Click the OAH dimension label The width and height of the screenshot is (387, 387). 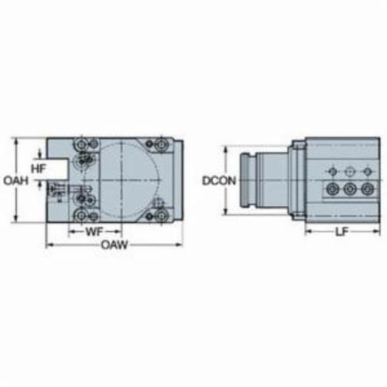tap(15, 180)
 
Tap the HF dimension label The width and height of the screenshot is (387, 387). tap(39, 169)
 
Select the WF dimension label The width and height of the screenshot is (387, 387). tap(94, 232)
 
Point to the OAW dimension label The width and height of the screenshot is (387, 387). tap(115, 245)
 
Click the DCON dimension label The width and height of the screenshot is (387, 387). tap(219, 180)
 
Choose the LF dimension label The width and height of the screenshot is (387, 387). tap(341, 232)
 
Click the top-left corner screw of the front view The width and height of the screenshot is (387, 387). tap(80, 145)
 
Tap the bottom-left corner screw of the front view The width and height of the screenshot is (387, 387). tap(81, 215)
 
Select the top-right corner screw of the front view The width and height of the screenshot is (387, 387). tap(162, 144)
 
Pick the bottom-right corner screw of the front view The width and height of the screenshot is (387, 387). tap(162, 215)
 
